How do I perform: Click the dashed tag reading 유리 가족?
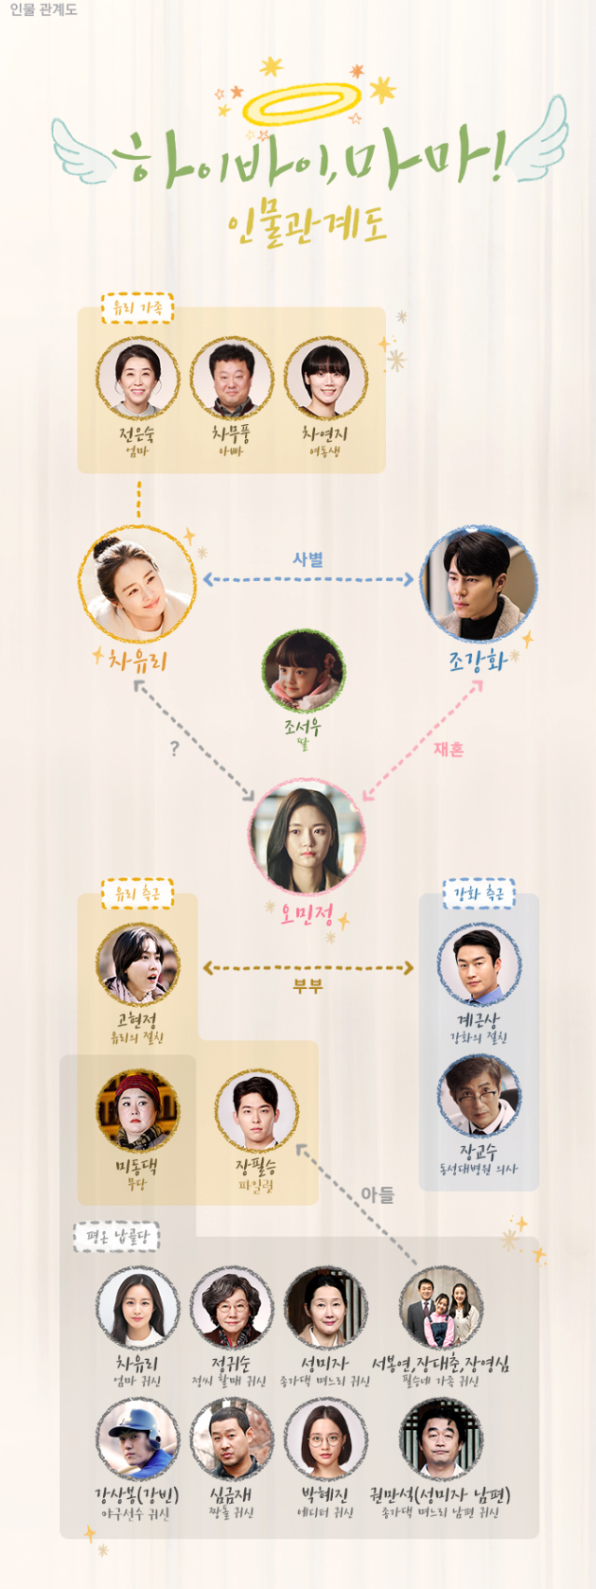[137, 308]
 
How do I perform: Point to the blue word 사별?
[307, 559]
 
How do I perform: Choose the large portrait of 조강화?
[479, 584]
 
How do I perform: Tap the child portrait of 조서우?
[303, 673]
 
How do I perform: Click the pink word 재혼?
[448, 749]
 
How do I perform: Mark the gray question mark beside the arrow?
[174, 749]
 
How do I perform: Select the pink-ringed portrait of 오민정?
[307, 837]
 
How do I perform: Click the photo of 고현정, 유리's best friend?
[137, 965]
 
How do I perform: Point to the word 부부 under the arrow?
[307, 986]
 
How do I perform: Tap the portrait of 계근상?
[479, 965]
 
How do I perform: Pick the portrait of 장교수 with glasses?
[479, 1097]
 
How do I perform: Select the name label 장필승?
[255, 1166]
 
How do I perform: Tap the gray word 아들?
[377, 1195]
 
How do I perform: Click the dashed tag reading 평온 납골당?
[116, 1236]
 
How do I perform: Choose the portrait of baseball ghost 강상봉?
[137, 1439]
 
